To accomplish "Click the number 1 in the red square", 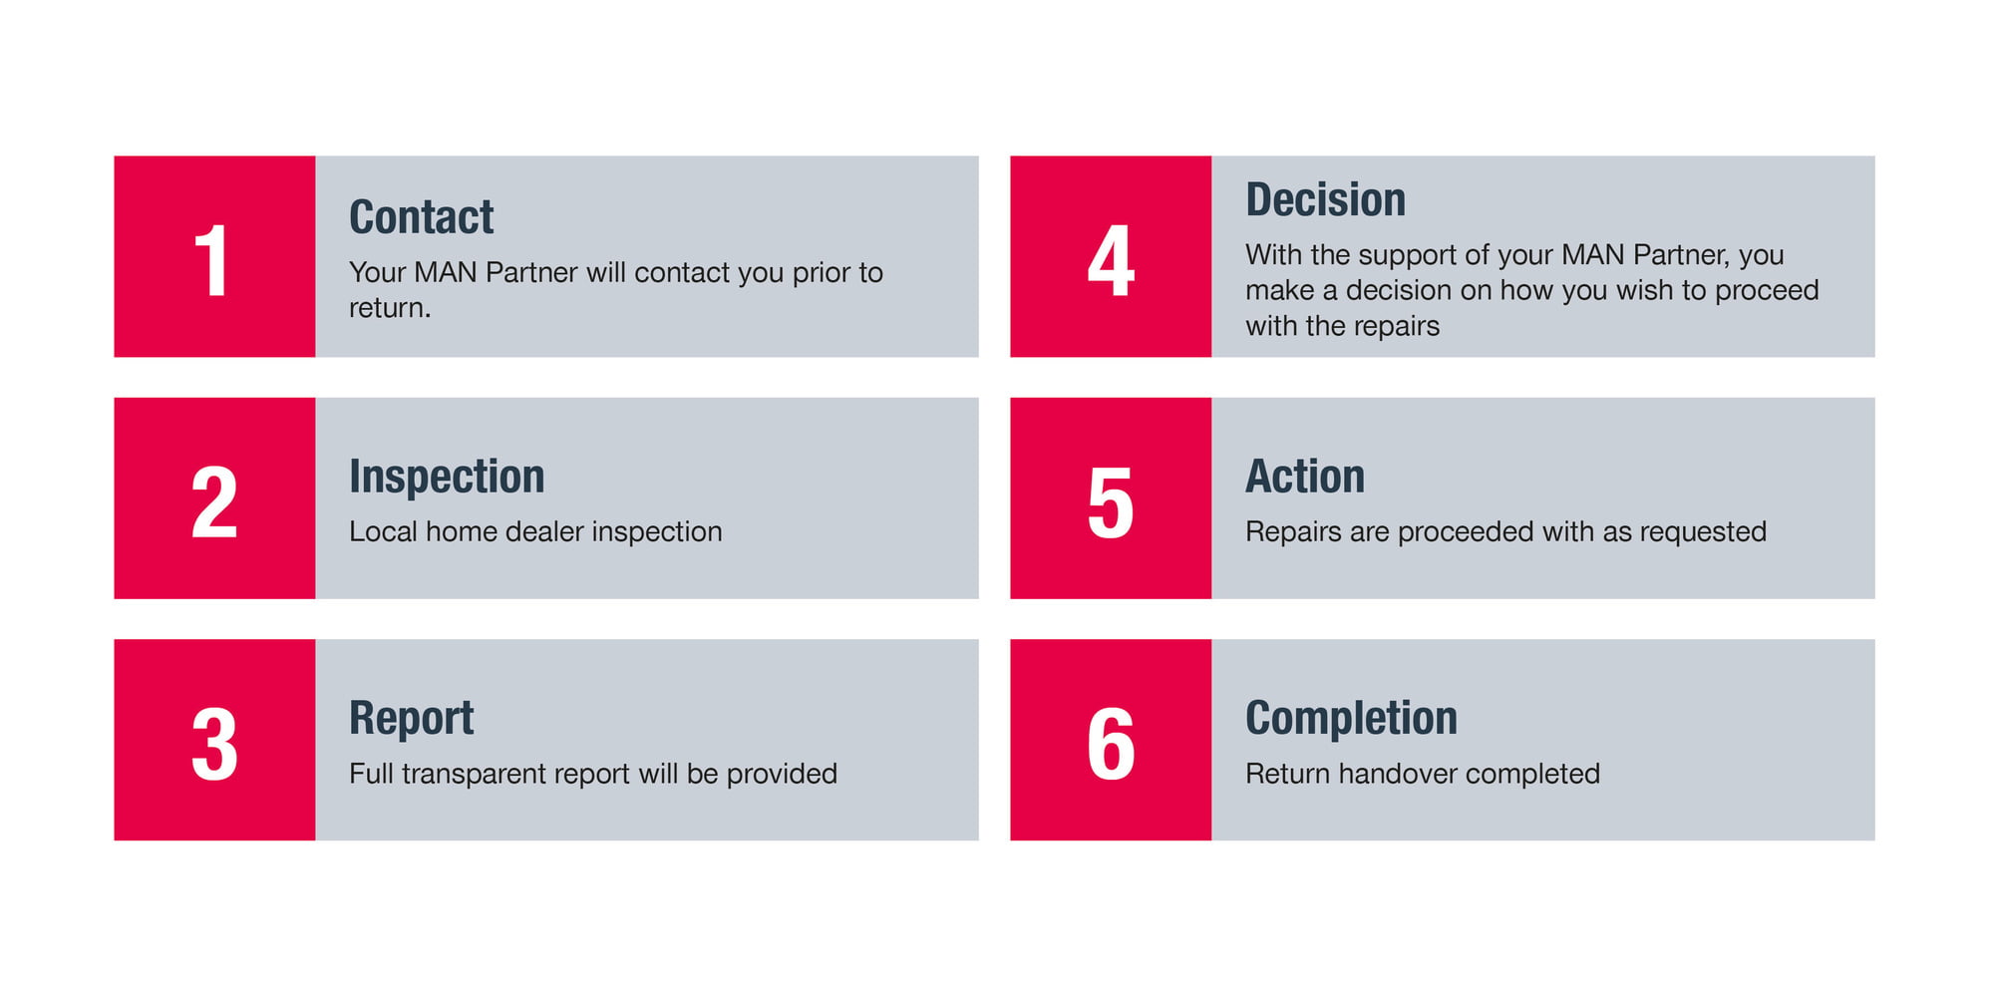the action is point(212,261).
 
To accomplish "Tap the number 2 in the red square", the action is point(214,502).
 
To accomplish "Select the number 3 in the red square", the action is point(214,744).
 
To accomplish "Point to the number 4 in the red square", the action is point(1111,261).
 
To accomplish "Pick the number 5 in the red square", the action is point(1111,503).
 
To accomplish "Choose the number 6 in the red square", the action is point(1111,744).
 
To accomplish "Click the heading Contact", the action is point(421,216).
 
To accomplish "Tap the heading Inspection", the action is point(447,476).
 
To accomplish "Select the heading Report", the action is point(411,718).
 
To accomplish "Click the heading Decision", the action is point(1325,198).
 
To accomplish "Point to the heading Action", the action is point(1305,476).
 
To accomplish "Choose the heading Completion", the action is point(1351,718).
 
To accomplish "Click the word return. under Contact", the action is point(390,308).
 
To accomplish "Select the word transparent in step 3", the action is point(475,774).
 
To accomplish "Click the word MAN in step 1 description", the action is point(445,272).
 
